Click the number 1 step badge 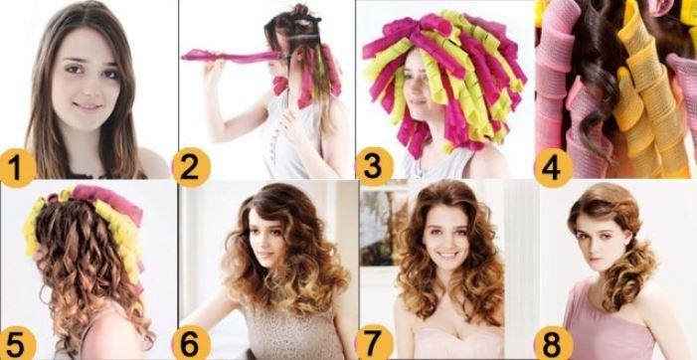coord(16,167)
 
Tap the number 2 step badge coord(191,167)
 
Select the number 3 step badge coord(375,167)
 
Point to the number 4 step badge coord(553,167)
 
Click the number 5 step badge coord(16,343)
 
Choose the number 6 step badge coord(191,343)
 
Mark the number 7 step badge coord(374,343)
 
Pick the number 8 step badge coord(553,343)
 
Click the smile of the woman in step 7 coord(448,256)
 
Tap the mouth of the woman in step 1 coord(87,106)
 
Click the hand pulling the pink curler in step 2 coord(215,67)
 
